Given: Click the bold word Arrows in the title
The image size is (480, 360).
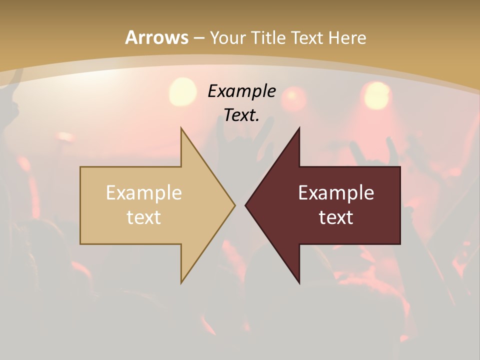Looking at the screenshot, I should coord(156,37).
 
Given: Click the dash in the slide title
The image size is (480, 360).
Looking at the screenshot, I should coord(198,38).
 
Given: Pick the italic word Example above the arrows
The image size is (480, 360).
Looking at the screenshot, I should coord(241,91).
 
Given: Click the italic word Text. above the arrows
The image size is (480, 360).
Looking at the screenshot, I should coord(241,115).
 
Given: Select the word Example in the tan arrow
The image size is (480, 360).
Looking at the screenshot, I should coord(143,193).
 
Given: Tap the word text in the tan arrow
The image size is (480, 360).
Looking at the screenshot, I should coord(143,217).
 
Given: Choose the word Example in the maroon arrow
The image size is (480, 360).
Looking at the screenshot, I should coord(336,193).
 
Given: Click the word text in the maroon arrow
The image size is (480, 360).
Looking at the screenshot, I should coord(336,217).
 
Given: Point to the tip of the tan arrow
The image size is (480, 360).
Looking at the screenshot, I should coord(234,205).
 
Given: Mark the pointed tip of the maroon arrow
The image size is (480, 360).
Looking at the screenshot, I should coord(246,205).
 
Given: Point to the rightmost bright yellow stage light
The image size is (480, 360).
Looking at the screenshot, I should coord(376,95).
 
